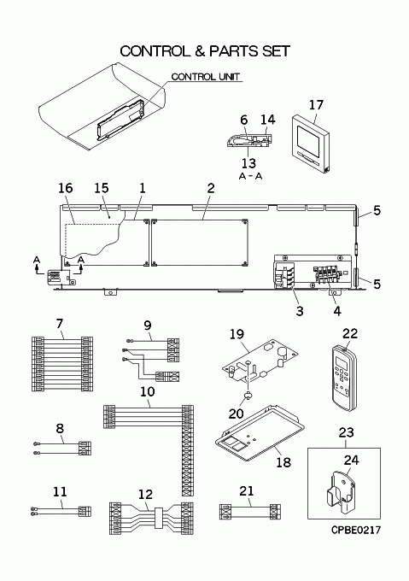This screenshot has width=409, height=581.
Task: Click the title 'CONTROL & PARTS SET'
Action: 205,51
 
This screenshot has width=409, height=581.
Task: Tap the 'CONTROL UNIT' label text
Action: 206,77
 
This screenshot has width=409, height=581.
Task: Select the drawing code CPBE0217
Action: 356,531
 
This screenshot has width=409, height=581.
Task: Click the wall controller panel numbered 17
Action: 310,144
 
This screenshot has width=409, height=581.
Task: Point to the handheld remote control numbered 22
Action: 345,378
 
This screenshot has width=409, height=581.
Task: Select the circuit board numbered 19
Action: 260,361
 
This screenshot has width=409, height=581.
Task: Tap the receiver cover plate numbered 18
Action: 260,433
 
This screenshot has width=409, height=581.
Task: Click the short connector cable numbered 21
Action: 250,512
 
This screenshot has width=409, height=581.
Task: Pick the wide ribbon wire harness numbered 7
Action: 62,364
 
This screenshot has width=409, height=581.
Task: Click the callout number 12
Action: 145,495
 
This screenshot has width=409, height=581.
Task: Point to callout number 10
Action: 147,391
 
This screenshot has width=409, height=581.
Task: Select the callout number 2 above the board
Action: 211,188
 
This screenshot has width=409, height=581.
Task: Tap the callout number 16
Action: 66,188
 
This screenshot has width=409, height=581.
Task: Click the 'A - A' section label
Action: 250,176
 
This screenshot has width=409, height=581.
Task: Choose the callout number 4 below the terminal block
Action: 337,311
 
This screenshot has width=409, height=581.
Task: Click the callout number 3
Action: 300,311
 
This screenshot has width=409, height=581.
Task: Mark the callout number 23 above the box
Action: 347,432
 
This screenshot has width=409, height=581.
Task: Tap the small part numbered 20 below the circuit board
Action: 247,396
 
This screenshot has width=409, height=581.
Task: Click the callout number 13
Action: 248,163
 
